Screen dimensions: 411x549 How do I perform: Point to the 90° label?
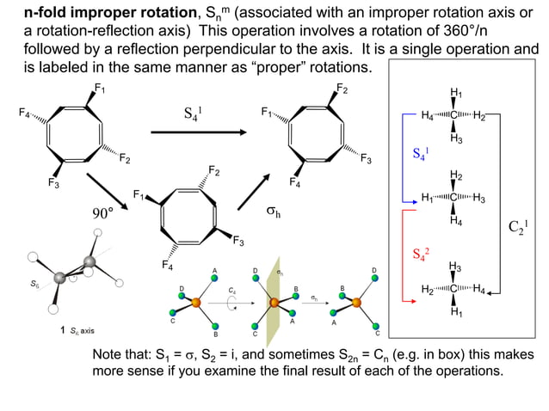click(103, 212)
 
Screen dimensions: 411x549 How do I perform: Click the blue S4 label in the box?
click(421, 155)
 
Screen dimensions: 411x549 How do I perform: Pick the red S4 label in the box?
click(421, 254)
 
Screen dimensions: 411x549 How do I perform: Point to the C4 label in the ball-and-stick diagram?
click(232, 291)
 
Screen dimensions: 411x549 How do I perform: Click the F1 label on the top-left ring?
click(100, 88)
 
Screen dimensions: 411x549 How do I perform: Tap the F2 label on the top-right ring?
click(342, 88)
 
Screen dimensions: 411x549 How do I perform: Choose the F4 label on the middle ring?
click(170, 265)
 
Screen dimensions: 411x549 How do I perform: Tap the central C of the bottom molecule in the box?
click(455, 289)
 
